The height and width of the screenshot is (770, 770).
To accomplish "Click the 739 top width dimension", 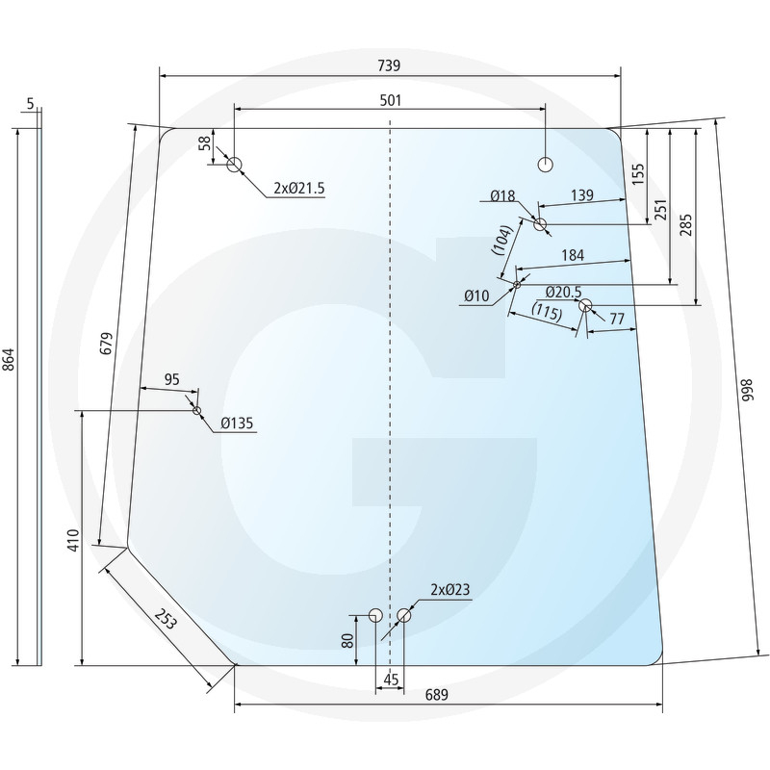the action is tap(389, 65).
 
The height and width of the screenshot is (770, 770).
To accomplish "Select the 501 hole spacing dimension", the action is tap(391, 100).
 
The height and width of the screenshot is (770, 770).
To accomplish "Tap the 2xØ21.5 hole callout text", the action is tap(299, 188).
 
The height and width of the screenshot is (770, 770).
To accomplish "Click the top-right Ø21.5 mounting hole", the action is tap(546, 165).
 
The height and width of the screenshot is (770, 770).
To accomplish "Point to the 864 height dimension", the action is tap(10, 359).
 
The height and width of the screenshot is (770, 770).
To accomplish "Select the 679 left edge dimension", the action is tap(106, 344).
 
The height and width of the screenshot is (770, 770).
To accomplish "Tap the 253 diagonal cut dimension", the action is tap(165, 619).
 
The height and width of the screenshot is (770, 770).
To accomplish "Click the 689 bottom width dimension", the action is tap(437, 695).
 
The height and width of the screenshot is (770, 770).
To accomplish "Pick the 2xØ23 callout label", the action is tap(449, 589).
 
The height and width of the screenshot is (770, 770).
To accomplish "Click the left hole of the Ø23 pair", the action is tap(375, 615).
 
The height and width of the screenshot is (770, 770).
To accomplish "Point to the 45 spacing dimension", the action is tap(391, 680).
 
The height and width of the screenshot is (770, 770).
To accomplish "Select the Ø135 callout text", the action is tap(237, 423).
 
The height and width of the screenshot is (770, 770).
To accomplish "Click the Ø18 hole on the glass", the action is tap(540, 224).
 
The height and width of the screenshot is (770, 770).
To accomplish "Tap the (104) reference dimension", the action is tap(502, 240).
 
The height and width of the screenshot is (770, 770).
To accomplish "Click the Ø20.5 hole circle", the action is tap(585, 306).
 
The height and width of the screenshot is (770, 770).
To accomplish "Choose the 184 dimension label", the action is tap(573, 255).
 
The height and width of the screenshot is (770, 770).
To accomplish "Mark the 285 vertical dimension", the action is tap(685, 224).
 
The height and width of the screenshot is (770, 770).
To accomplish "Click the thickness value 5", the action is tap(31, 104).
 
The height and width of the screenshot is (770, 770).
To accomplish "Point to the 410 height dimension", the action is tap(73, 540).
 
